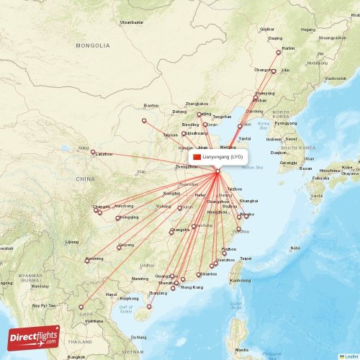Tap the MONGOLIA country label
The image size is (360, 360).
tap(94, 45)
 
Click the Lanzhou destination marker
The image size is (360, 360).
tap(93, 151)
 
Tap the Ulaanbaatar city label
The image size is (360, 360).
tap(132, 22)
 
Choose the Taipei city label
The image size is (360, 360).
tap(246, 258)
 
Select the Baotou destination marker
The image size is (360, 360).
tap(144, 120)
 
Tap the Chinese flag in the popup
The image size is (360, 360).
tap(197, 156)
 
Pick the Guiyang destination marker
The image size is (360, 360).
tap(119, 248)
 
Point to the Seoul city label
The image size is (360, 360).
tap(292, 139)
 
